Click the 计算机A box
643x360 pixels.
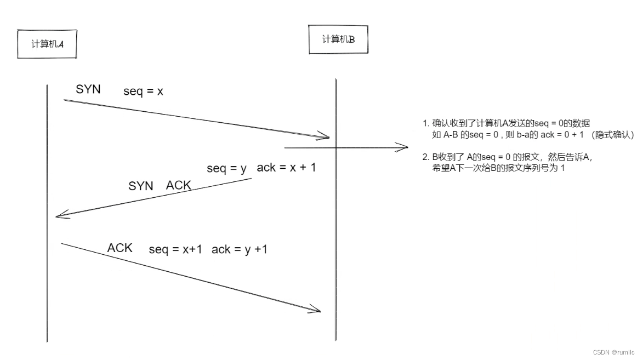click(x=47, y=44)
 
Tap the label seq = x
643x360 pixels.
click(x=143, y=92)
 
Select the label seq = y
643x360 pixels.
click(x=226, y=168)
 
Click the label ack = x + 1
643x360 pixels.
click(x=286, y=168)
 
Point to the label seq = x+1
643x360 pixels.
click(x=175, y=249)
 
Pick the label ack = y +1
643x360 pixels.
click(x=240, y=249)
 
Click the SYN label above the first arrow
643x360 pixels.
click(x=88, y=89)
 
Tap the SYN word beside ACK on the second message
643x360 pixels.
click(x=141, y=186)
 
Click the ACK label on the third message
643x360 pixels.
click(x=120, y=248)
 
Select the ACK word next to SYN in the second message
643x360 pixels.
click(x=179, y=185)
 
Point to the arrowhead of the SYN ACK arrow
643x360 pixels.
click(x=59, y=215)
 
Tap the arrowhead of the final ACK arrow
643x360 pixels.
click(x=316, y=310)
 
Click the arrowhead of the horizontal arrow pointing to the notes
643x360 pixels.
click(x=405, y=147)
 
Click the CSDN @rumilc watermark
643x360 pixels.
click(x=613, y=352)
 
